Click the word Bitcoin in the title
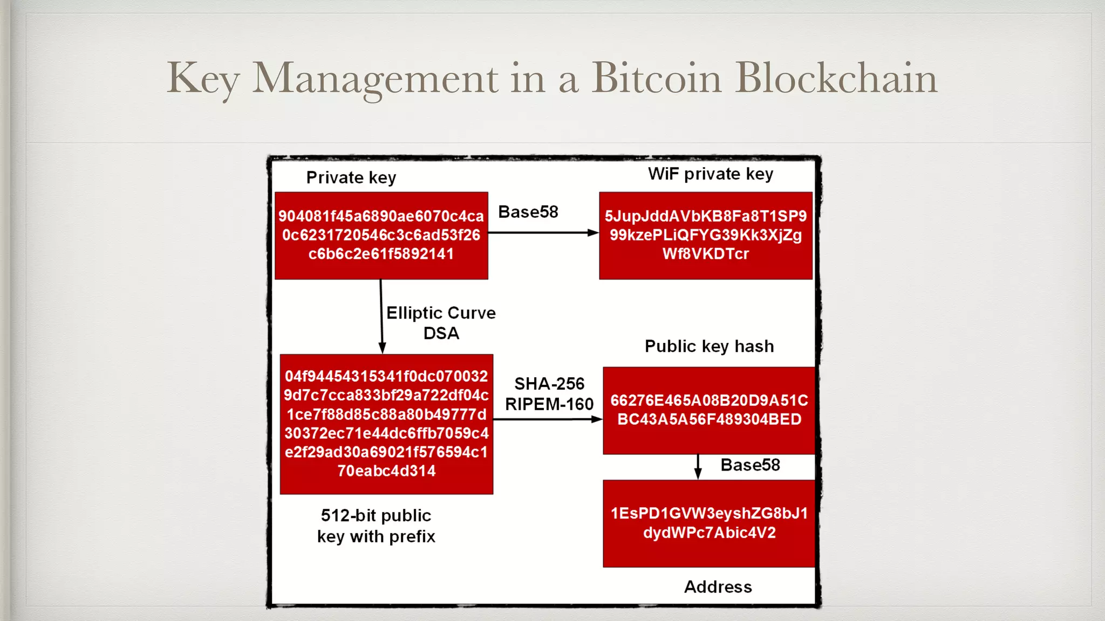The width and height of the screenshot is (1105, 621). click(x=656, y=78)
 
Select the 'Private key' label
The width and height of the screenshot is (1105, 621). click(x=351, y=177)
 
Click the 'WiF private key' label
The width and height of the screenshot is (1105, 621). click(x=711, y=174)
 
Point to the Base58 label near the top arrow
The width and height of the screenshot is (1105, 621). click(x=528, y=212)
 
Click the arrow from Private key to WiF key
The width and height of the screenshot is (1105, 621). click(x=543, y=233)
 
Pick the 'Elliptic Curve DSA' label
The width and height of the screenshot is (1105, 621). click(x=441, y=322)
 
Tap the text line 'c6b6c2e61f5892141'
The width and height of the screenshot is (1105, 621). click(x=381, y=254)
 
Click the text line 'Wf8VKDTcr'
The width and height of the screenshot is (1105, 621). click(x=706, y=254)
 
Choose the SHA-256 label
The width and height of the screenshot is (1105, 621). click(x=549, y=384)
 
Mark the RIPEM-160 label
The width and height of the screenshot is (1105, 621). click(x=549, y=404)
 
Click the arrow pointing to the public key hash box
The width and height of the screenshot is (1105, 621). click(x=548, y=419)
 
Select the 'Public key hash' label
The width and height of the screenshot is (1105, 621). click(x=709, y=346)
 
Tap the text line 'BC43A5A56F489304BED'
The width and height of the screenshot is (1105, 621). click(x=709, y=419)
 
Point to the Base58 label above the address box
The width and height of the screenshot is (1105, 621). click(x=750, y=465)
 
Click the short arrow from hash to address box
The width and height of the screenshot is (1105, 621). click(x=698, y=467)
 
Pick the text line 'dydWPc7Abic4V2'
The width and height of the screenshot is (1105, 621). click(x=709, y=533)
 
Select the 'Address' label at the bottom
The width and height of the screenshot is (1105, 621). click(x=718, y=586)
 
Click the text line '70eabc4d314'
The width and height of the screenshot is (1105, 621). click(x=386, y=471)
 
